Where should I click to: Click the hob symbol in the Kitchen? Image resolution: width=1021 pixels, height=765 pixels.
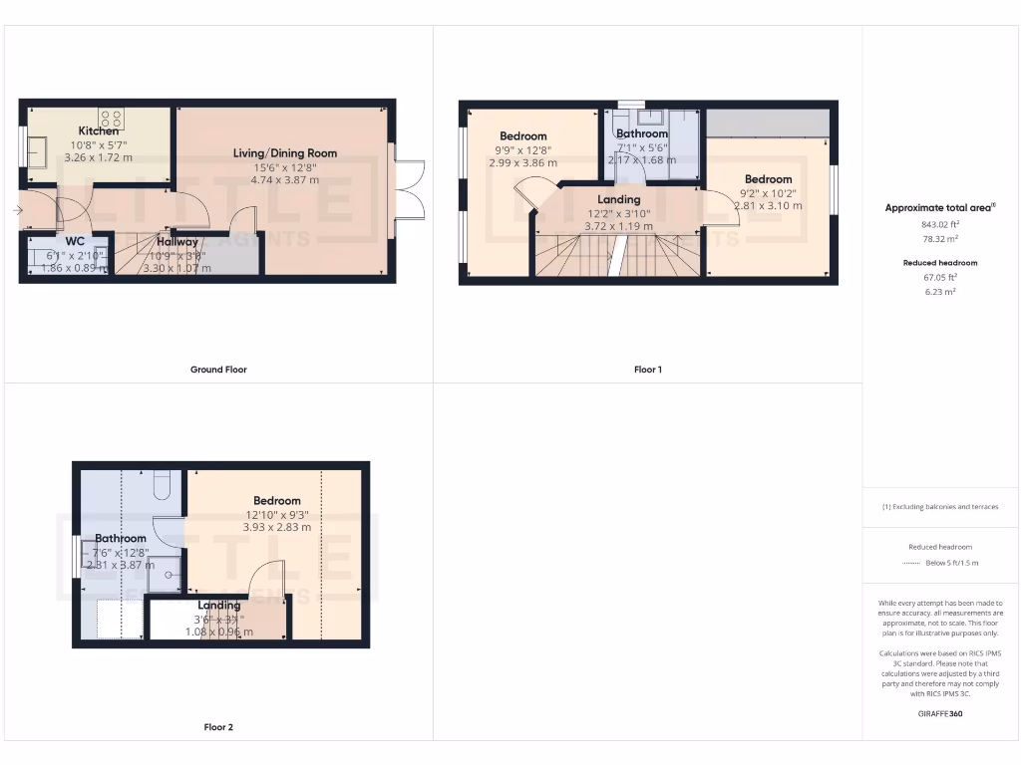click(x=110, y=119)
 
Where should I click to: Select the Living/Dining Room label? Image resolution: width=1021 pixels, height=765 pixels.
click(x=285, y=153)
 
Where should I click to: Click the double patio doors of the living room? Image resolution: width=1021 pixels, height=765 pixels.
click(x=409, y=189)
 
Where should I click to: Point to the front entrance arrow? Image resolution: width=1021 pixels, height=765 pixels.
click(x=17, y=210)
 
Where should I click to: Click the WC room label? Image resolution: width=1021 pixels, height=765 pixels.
click(x=75, y=241)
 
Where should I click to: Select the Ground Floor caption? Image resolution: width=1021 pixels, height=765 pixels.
click(x=218, y=370)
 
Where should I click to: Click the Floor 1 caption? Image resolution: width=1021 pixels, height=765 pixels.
click(x=647, y=370)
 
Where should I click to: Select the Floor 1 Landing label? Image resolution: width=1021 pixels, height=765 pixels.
click(x=618, y=199)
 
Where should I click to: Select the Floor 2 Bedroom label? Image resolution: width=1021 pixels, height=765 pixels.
click(x=276, y=501)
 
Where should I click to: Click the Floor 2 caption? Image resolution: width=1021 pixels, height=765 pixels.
click(x=218, y=727)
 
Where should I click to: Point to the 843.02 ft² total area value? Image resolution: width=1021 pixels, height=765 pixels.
click(x=940, y=225)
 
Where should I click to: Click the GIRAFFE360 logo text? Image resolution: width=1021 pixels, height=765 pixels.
click(x=940, y=713)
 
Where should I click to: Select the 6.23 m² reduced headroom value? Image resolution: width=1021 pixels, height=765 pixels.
click(x=940, y=292)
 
